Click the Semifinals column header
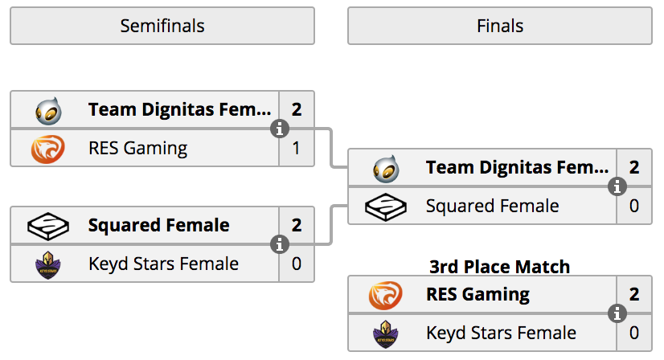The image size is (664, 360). (162, 26)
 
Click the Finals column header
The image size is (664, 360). (500, 26)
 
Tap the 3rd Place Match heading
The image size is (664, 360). (500, 267)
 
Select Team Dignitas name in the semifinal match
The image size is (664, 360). (179, 110)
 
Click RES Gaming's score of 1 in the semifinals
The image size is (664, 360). (296, 148)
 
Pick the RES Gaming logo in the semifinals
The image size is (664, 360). (48, 149)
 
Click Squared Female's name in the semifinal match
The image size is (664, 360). (159, 225)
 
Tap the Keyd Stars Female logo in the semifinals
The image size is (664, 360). (48, 265)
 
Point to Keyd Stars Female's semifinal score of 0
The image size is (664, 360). (297, 264)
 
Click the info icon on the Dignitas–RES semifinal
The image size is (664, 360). (280, 129)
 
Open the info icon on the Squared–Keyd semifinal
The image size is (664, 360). (280, 244)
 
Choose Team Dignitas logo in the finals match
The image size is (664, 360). (386, 169)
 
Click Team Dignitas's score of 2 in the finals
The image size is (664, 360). (634, 168)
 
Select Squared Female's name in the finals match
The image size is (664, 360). (493, 207)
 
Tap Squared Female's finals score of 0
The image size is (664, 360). (634, 206)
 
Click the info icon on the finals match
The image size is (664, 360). (617, 186)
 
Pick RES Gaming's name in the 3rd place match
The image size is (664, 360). (478, 295)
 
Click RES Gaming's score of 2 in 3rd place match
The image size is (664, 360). (634, 294)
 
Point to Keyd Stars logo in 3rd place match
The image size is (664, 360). (385, 334)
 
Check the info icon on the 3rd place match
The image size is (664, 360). (617, 313)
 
